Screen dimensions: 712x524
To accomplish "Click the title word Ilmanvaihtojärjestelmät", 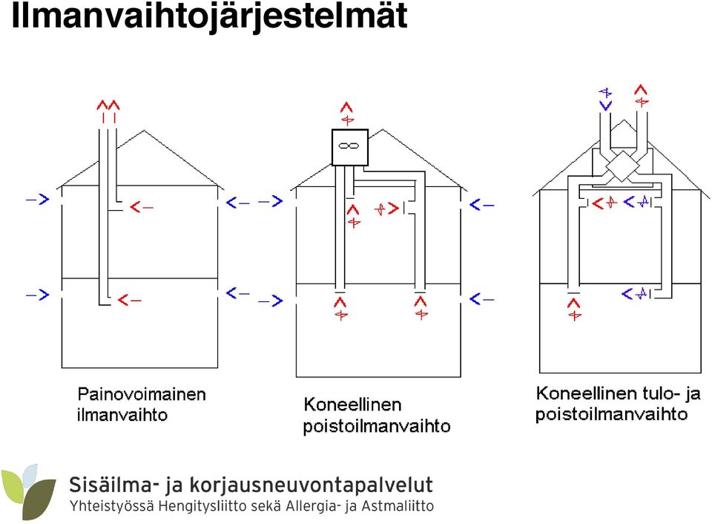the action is (x=209, y=17).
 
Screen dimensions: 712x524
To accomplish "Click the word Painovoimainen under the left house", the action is (x=142, y=394).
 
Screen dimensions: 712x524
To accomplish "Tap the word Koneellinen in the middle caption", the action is (x=352, y=404).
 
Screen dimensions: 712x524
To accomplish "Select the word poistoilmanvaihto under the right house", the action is (x=611, y=414).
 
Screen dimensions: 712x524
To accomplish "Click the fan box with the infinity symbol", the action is (x=349, y=147).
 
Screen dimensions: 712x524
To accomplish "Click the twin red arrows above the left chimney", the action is (x=108, y=111).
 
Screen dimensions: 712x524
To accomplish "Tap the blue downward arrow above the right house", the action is (x=605, y=99).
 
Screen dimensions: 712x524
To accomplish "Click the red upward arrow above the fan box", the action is (x=347, y=114).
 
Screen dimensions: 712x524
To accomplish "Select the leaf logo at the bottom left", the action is (x=28, y=492).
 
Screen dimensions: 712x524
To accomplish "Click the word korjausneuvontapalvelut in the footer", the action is (x=311, y=485).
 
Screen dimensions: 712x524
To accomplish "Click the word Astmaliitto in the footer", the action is (x=398, y=505).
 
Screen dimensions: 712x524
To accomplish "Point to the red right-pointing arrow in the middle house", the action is (x=386, y=209).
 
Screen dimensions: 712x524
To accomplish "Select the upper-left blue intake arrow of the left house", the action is (x=38, y=199).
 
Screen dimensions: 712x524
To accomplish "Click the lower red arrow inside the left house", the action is (x=129, y=300).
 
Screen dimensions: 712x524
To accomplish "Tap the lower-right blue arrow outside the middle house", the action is (x=481, y=299).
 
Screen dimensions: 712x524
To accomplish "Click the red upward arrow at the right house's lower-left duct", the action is (x=574, y=310).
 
